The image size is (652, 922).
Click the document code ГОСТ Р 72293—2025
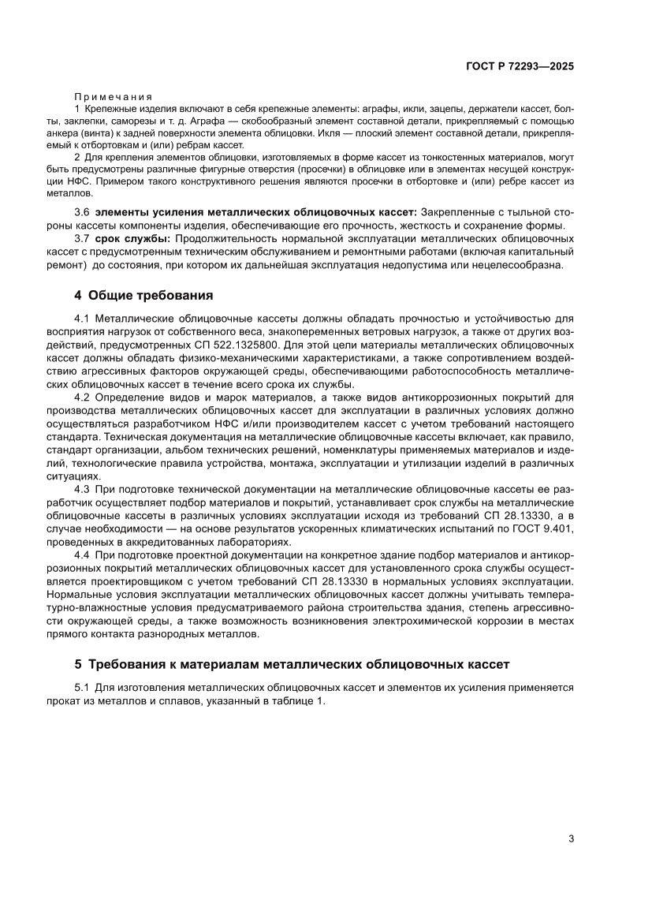click(517, 67)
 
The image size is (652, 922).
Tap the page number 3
click(570, 838)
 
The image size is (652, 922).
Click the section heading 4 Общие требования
click(143, 297)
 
